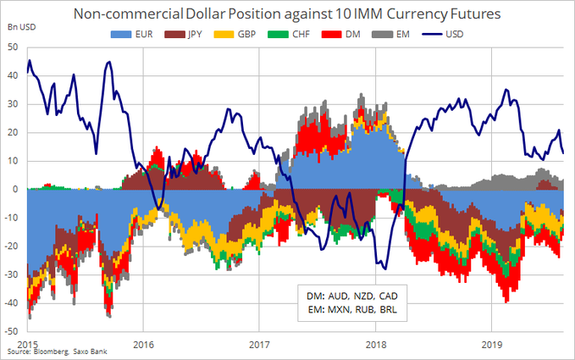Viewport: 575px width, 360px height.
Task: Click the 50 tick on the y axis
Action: click(14, 47)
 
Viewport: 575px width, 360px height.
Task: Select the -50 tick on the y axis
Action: click(13, 330)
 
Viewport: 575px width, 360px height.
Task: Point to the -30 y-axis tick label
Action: click(13, 274)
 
